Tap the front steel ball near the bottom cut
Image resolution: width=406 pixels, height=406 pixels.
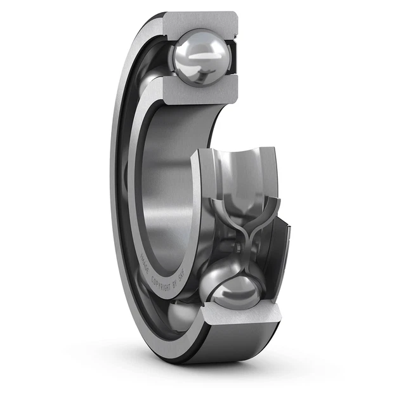tap(236, 291)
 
